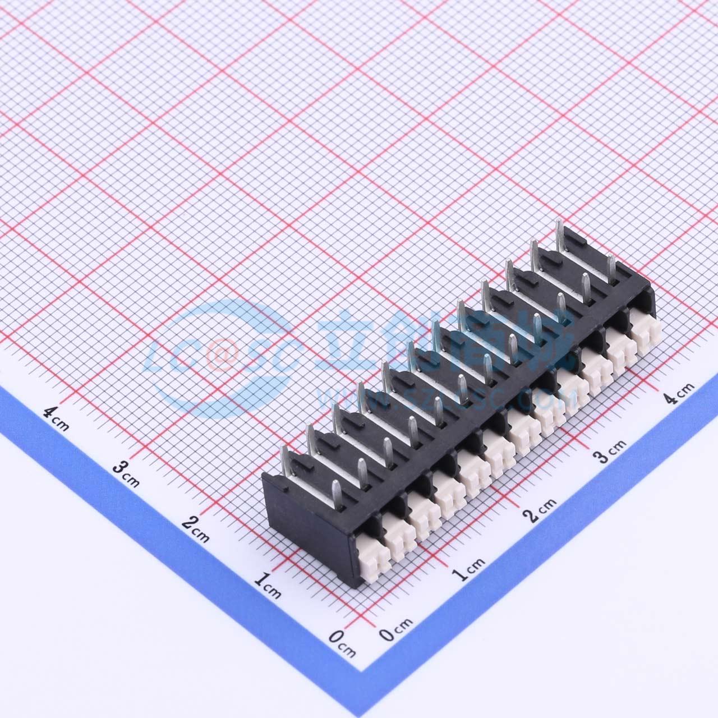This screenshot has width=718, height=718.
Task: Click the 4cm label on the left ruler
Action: tap(57, 419)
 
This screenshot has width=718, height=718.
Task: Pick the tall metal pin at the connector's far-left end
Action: tap(286, 460)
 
